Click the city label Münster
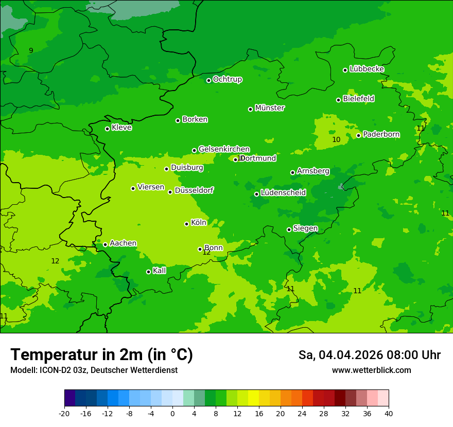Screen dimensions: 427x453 point(270,108)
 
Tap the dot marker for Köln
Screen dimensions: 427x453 point(186,224)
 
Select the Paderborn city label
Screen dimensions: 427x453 point(381,134)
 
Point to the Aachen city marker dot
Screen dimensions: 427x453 point(105,244)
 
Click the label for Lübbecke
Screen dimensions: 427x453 point(367,69)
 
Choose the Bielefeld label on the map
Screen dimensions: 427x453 point(359,99)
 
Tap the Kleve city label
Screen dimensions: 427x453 point(122,128)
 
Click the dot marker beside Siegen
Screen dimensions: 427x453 point(289,229)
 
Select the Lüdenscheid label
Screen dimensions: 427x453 point(284,193)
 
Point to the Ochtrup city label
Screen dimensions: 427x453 point(228,79)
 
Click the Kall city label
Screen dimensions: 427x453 point(160,271)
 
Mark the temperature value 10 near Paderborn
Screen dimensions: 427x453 point(336,139)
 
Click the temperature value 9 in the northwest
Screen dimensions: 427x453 point(31,50)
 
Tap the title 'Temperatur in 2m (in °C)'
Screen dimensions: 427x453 point(102,355)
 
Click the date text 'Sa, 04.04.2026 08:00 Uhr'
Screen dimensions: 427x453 point(370,355)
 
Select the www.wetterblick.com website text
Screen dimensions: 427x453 point(372,370)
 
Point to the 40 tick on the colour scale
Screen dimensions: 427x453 point(388,414)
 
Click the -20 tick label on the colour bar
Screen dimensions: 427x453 point(64,414)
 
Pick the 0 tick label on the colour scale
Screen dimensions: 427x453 point(172,414)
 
